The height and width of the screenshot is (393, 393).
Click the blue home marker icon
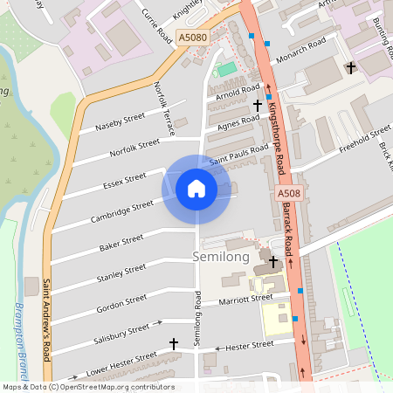(196, 188)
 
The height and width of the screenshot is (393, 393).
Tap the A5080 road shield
(192, 38)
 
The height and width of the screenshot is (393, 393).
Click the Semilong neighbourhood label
(220, 258)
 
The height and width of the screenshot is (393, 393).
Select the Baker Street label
(121, 243)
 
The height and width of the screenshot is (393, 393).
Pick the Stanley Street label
(121, 274)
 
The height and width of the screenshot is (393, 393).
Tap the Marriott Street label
(245, 300)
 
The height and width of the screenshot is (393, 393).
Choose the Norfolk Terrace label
(164, 107)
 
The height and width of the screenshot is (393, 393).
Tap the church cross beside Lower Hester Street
(173, 344)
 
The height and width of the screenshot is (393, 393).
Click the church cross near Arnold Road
(258, 105)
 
